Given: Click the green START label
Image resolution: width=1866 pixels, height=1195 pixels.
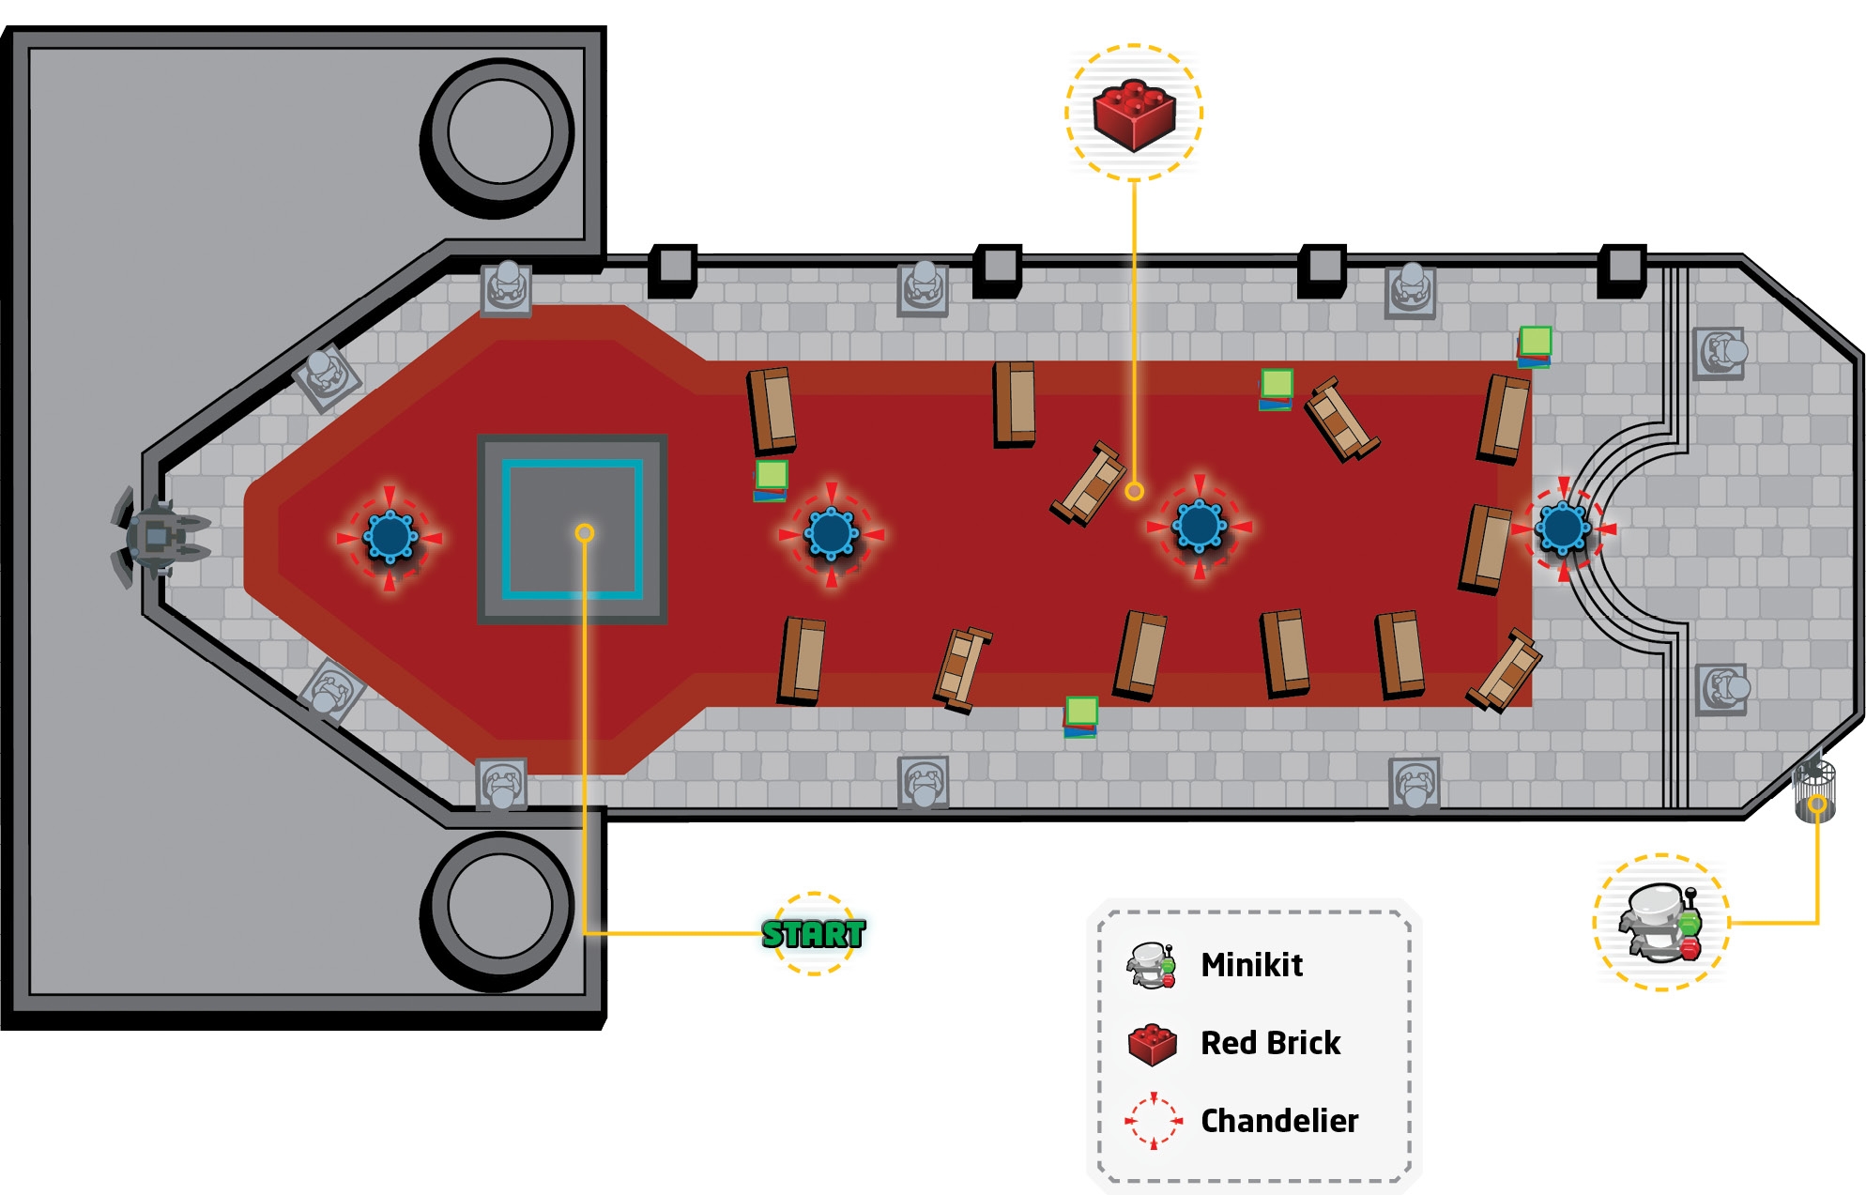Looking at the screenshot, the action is [x=813, y=934].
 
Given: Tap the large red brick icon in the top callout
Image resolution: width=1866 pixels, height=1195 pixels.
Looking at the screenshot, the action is [x=1134, y=115].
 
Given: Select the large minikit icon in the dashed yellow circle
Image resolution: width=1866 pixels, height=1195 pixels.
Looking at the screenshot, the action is [x=1661, y=922].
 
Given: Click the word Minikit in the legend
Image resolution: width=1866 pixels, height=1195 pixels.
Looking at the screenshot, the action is [x=1251, y=965].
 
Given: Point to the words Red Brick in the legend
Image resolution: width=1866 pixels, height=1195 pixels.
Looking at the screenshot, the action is [x=1270, y=1043].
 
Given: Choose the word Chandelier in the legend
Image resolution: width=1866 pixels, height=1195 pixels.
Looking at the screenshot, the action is [x=1279, y=1121].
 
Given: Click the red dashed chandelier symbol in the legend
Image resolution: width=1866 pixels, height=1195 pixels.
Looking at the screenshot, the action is [x=1154, y=1121].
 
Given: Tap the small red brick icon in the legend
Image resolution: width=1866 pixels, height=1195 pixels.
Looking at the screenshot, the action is [x=1153, y=1045].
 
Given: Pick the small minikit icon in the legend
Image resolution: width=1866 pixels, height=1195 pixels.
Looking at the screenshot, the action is [x=1153, y=966].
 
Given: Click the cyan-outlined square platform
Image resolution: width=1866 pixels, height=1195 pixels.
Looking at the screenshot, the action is [x=573, y=529].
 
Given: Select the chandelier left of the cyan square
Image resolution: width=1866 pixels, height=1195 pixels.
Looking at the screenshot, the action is [x=390, y=537].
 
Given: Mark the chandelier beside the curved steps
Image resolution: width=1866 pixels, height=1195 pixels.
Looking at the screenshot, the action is [x=1562, y=529].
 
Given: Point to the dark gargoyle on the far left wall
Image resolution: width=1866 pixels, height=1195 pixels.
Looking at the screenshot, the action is [x=158, y=537].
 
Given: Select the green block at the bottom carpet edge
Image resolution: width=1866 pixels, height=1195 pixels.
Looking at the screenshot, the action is [x=1080, y=716].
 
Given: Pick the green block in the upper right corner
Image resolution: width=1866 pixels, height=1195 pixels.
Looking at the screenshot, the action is [x=1535, y=346].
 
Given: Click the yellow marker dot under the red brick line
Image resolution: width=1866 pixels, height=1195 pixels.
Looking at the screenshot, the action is [x=1134, y=491].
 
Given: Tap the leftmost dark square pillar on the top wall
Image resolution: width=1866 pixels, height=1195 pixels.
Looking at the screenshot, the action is [x=673, y=270].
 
